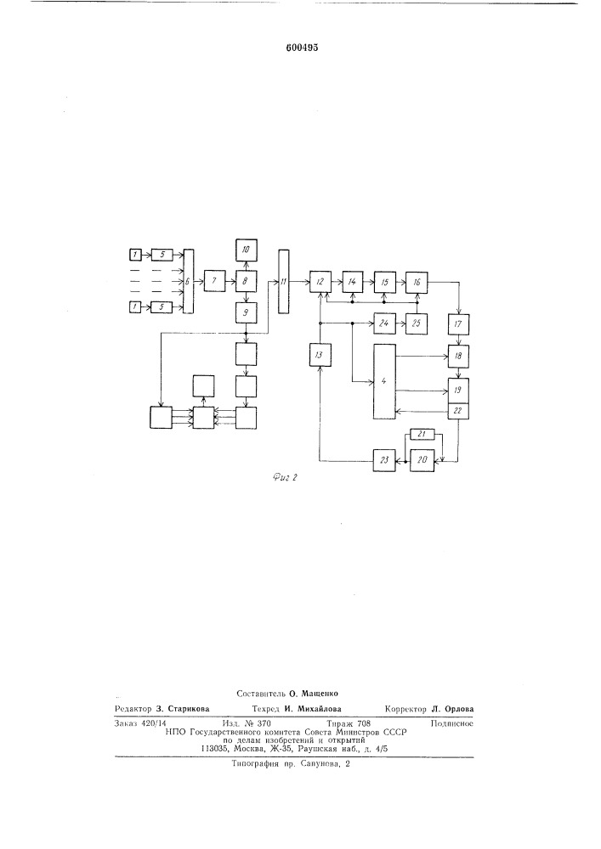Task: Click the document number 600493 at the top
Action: (302, 48)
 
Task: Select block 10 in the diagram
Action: (246, 250)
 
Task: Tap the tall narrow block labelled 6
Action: (189, 282)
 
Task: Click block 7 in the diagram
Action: (214, 281)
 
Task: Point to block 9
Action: (246, 312)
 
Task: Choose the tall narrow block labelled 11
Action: (283, 282)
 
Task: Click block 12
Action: (320, 282)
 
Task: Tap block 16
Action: (417, 282)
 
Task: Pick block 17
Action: (458, 323)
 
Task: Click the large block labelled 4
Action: (384, 381)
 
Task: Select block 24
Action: (384, 323)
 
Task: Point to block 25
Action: (417, 323)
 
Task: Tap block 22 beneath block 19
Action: (458, 411)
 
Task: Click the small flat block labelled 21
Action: (422, 434)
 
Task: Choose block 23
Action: (384, 460)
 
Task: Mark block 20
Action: (422, 460)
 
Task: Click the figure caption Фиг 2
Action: (286, 477)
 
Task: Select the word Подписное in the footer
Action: (452, 723)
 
